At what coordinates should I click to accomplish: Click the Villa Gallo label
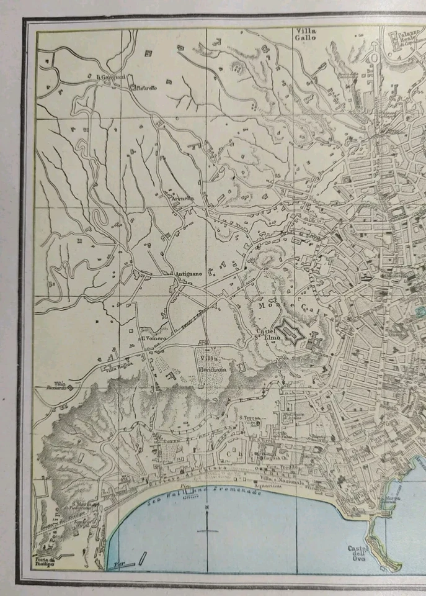click(x=306, y=34)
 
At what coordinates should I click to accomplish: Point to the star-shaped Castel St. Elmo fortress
click(x=288, y=330)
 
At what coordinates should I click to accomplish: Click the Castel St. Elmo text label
click(x=267, y=333)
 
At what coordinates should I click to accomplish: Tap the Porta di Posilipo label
click(x=45, y=558)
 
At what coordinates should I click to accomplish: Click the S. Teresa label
click(x=250, y=418)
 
